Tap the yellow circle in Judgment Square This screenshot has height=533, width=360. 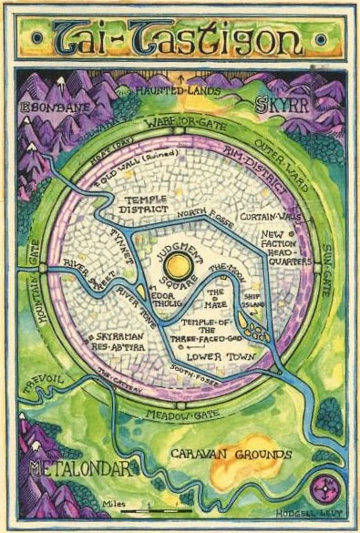[180, 265]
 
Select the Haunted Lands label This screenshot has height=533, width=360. [180, 91]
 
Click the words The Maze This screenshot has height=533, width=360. [216, 299]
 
